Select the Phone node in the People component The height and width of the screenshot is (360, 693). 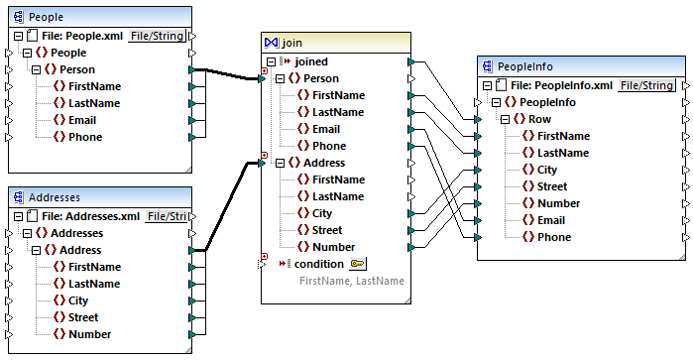click(85, 137)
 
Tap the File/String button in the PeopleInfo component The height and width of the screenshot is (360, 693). click(648, 85)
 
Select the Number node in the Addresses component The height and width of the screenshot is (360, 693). click(89, 334)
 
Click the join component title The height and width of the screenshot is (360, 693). click(291, 43)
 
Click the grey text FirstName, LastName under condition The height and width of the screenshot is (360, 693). click(351, 282)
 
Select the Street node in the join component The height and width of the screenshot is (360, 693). click(330, 230)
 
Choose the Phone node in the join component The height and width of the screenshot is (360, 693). click(329, 146)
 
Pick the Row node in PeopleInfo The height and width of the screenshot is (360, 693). click(539, 119)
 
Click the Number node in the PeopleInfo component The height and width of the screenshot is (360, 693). click(558, 203)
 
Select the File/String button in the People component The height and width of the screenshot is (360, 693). click(158, 36)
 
